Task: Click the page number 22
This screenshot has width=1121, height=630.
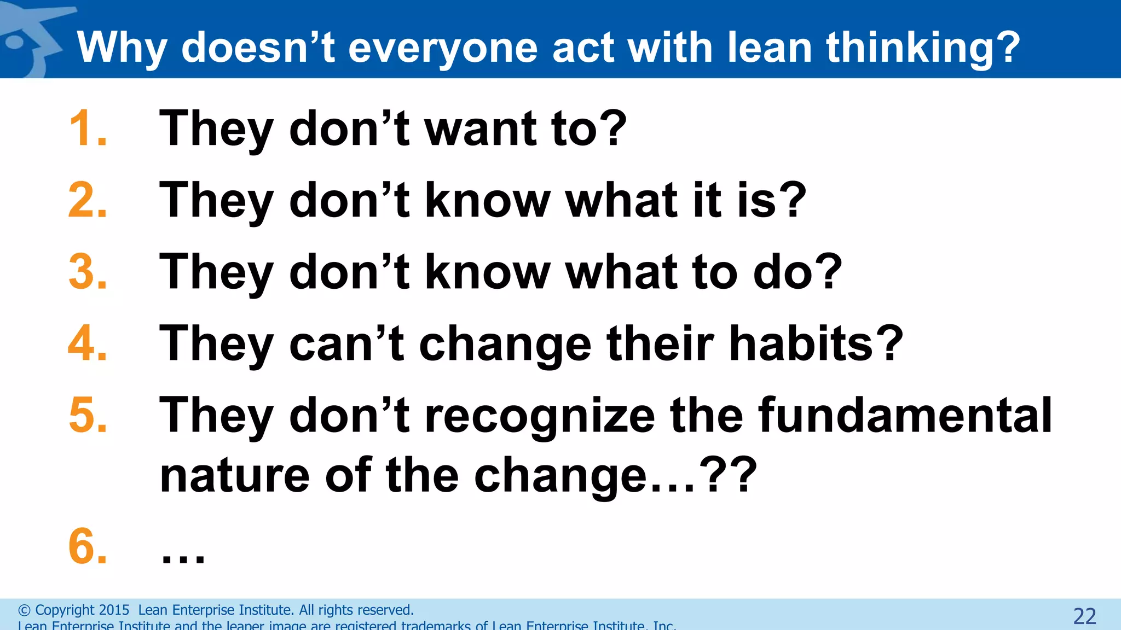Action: tap(1084, 616)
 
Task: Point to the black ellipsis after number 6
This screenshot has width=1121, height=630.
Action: tap(183, 558)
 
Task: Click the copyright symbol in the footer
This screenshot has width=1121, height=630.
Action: tap(24, 610)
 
